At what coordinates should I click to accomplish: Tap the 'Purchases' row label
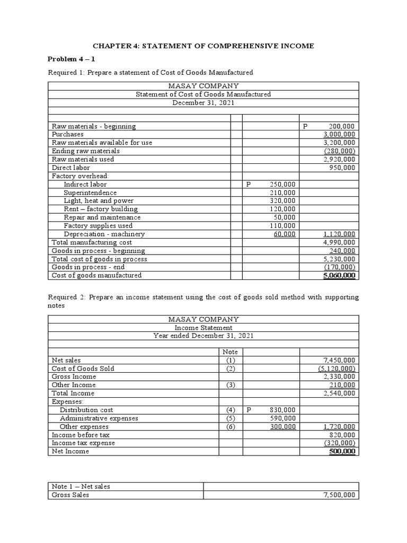[x=67, y=135]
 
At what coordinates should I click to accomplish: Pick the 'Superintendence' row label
[x=90, y=192]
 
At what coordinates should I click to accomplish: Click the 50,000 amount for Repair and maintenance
[x=285, y=217]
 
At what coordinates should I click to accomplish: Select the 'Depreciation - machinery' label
[x=104, y=234]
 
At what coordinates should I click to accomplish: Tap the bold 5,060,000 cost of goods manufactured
[x=339, y=276]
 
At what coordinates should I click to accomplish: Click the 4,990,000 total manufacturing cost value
[x=339, y=242]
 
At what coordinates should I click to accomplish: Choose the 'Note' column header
[x=231, y=352]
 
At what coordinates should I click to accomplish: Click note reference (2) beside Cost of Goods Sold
[x=231, y=369]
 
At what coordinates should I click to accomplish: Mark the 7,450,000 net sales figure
[x=339, y=360]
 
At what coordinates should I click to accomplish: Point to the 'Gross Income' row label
[x=74, y=376]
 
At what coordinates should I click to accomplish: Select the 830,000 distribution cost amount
[x=282, y=410]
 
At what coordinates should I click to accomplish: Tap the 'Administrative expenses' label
[x=99, y=418]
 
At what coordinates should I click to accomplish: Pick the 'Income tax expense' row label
[x=83, y=443]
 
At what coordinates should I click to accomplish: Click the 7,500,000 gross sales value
[x=339, y=495]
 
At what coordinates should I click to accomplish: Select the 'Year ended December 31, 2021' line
[x=203, y=336]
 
